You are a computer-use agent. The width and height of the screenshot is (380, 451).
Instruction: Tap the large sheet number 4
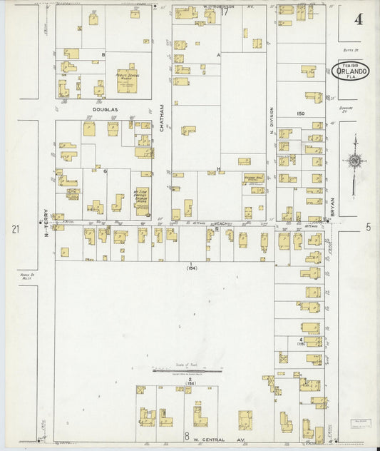pyautogui.click(x=356, y=19)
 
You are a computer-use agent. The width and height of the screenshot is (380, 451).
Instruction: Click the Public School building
pyautogui.click(x=128, y=80)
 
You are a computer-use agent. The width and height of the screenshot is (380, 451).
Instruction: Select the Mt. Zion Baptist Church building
pyautogui.click(x=142, y=201)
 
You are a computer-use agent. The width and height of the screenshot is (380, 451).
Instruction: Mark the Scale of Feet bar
pyautogui.click(x=187, y=370)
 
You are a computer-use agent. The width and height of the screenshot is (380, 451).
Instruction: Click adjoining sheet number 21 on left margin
pyautogui.click(x=14, y=228)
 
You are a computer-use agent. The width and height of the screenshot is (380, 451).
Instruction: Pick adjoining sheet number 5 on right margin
pyautogui.click(x=369, y=227)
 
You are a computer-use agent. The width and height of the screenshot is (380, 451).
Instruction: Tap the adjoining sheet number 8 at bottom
pyautogui.click(x=186, y=435)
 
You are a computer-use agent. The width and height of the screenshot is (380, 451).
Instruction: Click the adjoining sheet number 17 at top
pyautogui.click(x=225, y=11)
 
